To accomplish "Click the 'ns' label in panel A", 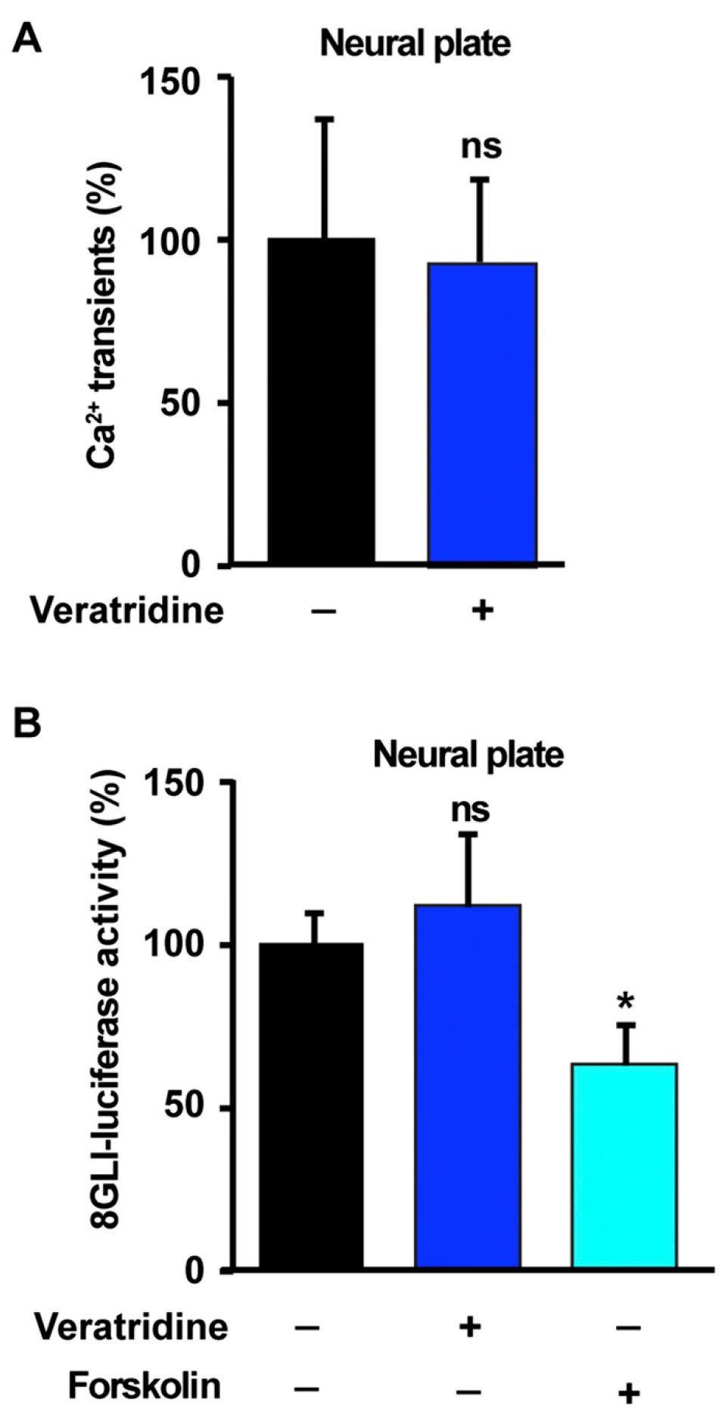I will coord(481,146).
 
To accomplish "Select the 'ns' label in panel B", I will coord(470,810).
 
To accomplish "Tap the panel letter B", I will coord(27,724).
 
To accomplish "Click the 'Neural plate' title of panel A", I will coord(415,43).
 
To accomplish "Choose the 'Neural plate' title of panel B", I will coord(468,754).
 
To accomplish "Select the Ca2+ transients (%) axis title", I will coord(103,314).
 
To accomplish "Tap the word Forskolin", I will coord(145,1385).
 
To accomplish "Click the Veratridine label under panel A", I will coord(127,610).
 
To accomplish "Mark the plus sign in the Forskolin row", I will coord(628,1392).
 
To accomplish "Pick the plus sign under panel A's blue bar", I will coord(482,610).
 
